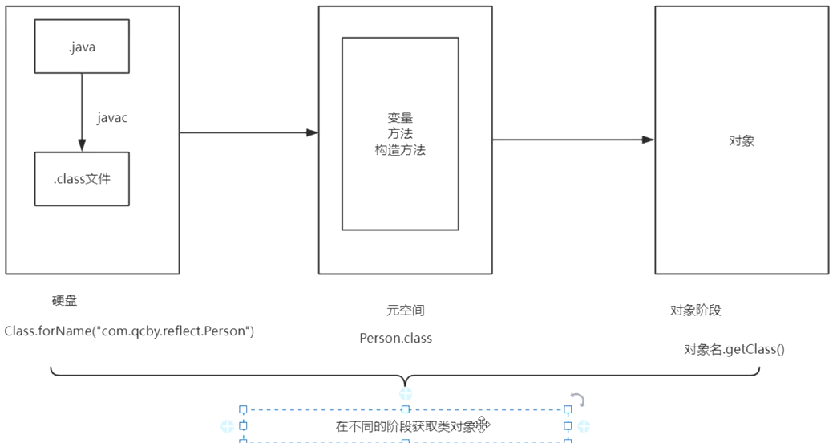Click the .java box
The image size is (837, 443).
82,47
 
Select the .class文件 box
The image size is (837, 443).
82,179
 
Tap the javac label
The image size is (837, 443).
112,118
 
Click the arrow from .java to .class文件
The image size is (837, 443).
82,112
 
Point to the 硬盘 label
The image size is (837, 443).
65,301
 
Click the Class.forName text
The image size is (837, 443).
129,331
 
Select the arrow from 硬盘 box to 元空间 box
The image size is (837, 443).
249,132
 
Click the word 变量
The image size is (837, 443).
400,118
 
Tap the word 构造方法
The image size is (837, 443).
400,150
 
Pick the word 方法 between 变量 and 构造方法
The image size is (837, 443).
400,134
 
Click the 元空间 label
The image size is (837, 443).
405,311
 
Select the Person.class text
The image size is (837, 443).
396,338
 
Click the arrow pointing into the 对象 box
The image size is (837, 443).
573,140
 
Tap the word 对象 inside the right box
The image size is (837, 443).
742,141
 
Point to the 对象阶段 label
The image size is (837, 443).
696,311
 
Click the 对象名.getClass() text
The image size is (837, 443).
734,349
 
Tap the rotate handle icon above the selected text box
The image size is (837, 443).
577,400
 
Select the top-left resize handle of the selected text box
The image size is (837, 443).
243,409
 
